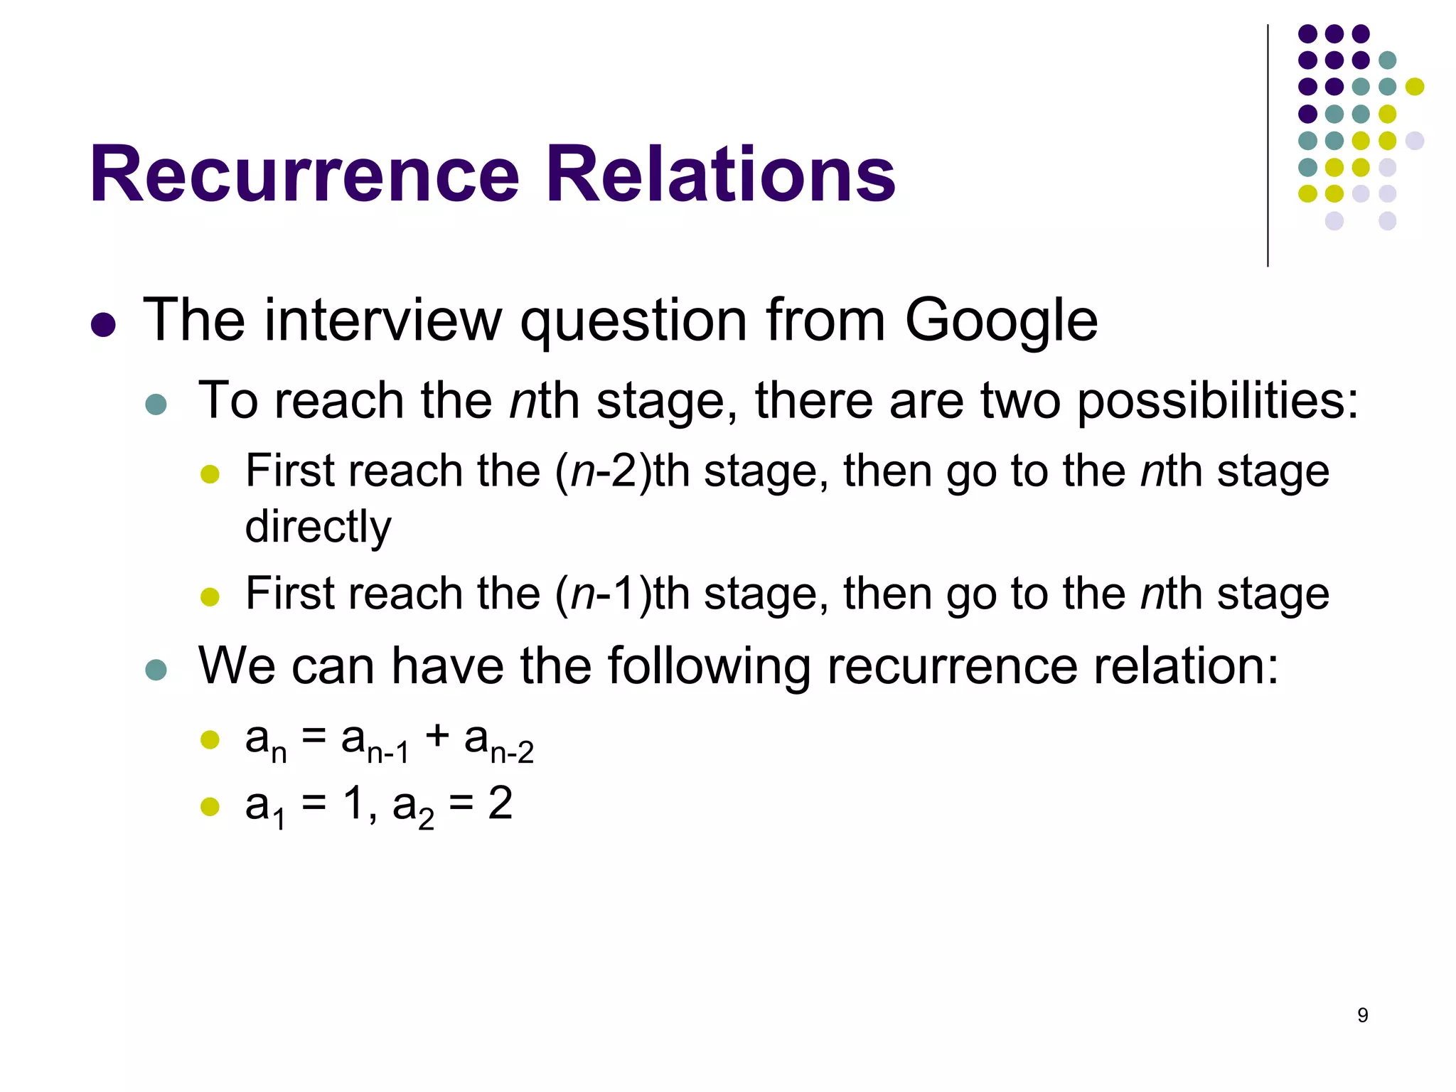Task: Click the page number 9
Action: [1362, 1015]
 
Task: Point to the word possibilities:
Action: [1218, 402]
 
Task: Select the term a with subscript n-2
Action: [498, 742]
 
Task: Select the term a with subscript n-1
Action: [375, 742]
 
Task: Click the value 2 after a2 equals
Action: [500, 804]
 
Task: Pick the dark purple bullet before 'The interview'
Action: [104, 325]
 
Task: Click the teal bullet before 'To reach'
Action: [156, 405]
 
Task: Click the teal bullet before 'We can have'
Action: [156, 670]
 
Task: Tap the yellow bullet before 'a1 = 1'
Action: [210, 806]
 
